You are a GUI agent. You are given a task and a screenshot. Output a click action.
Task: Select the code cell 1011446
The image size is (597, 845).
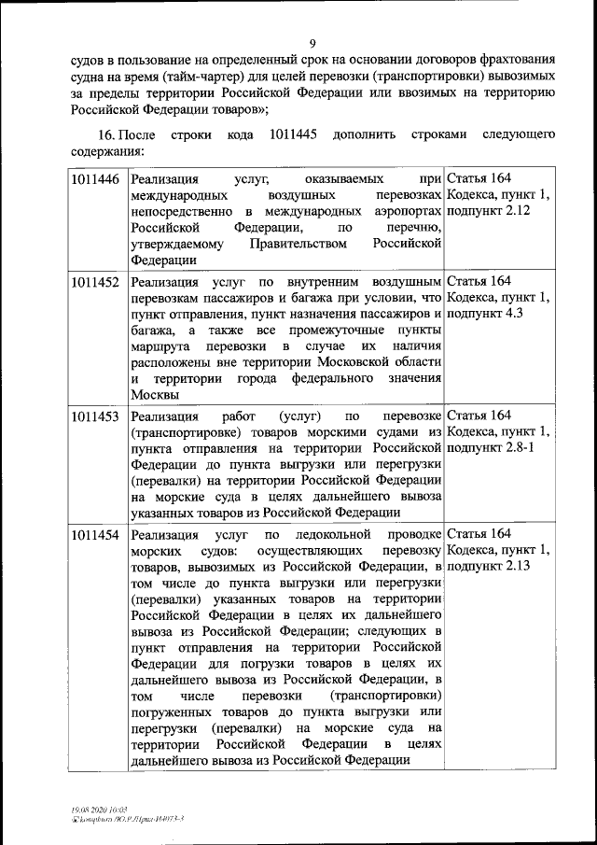(x=95, y=179)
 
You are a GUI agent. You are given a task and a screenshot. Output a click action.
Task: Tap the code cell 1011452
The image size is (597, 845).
(x=95, y=281)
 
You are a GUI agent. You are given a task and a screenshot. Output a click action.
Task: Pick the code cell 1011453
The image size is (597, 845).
(x=95, y=416)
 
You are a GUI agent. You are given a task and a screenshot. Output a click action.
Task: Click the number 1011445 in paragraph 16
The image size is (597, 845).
(x=292, y=134)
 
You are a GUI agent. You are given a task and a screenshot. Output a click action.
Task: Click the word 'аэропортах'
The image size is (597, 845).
(x=407, y=212)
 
